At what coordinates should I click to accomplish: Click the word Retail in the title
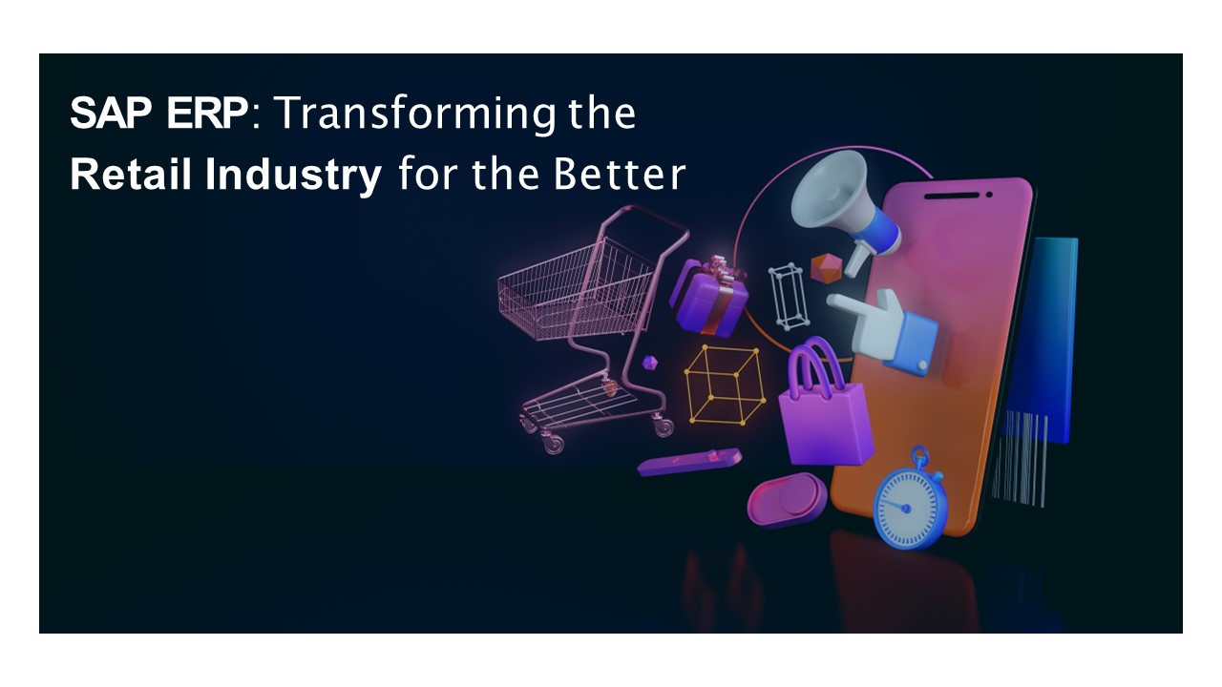tap(132, 177)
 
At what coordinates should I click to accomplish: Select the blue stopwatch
tap(911, 502)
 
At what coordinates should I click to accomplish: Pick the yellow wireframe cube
tap(725, 384)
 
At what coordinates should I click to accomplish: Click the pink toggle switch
tap(787, 499)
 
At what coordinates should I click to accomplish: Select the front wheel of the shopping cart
tap(553, 442)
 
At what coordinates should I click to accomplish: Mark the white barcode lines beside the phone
tap(1019, 457)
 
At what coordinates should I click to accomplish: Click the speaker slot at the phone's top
tap(955, 195)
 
